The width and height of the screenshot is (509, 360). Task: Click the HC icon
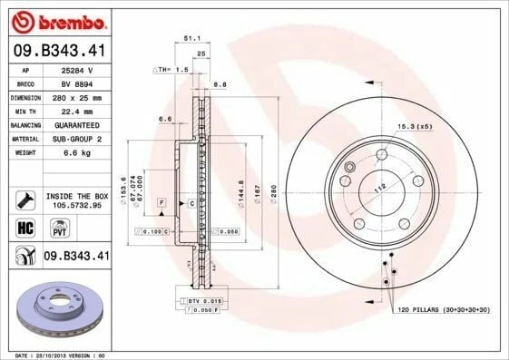pyautogui.click(x=24, y=227)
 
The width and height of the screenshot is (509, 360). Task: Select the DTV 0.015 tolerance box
pyautogui.click(x=204, y=300)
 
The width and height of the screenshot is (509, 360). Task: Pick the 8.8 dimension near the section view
pyautogui.click(x=220, y=84)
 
